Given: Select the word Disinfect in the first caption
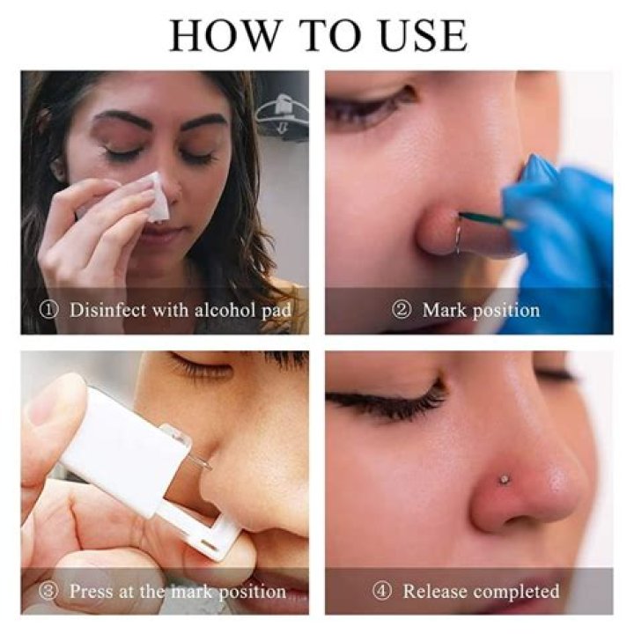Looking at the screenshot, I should tap(107, 310).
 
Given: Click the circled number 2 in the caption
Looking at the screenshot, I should tap(402, 310).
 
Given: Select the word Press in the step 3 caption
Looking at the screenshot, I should tap(91, 591).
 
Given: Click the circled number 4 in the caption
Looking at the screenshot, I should tap(384, 591).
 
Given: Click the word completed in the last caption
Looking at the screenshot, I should tap(517, 591).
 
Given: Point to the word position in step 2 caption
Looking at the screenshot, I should tap(505, 311).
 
